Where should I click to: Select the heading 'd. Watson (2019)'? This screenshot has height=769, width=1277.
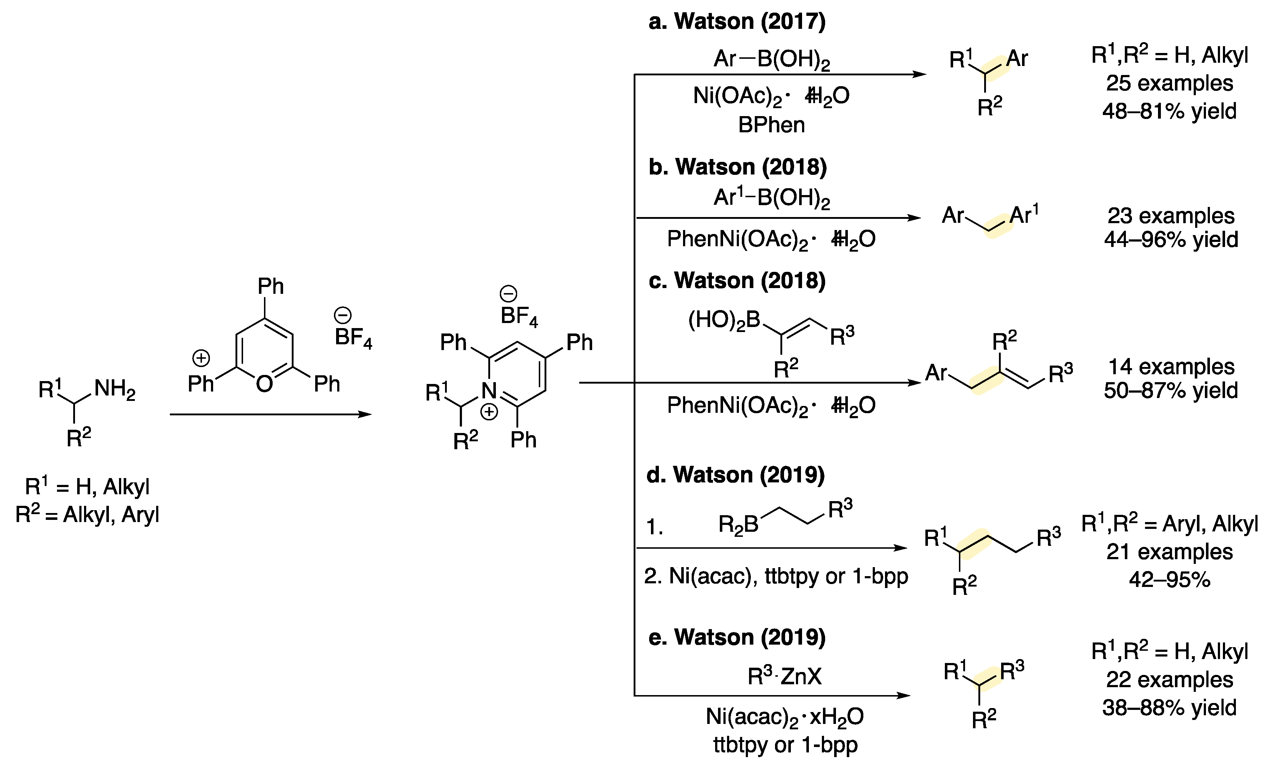click(735, 475)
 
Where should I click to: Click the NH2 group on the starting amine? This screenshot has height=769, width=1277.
click(115, 389)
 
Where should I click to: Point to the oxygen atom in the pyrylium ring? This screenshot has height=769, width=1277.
click(264, 384)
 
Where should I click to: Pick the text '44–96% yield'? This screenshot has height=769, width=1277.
click(1171, 240)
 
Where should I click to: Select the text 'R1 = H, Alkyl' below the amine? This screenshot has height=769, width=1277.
click(87, 487)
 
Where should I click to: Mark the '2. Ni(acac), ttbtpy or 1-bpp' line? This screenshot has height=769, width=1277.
click(776, 576)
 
